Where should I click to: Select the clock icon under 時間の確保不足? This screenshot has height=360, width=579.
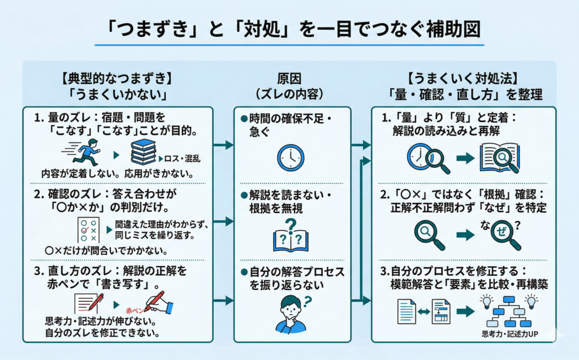291,157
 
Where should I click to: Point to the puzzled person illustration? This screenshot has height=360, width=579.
291,314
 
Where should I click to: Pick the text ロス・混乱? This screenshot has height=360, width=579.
182,159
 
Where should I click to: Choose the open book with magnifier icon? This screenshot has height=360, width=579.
499,158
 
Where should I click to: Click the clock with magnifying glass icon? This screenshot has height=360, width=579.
427,158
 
